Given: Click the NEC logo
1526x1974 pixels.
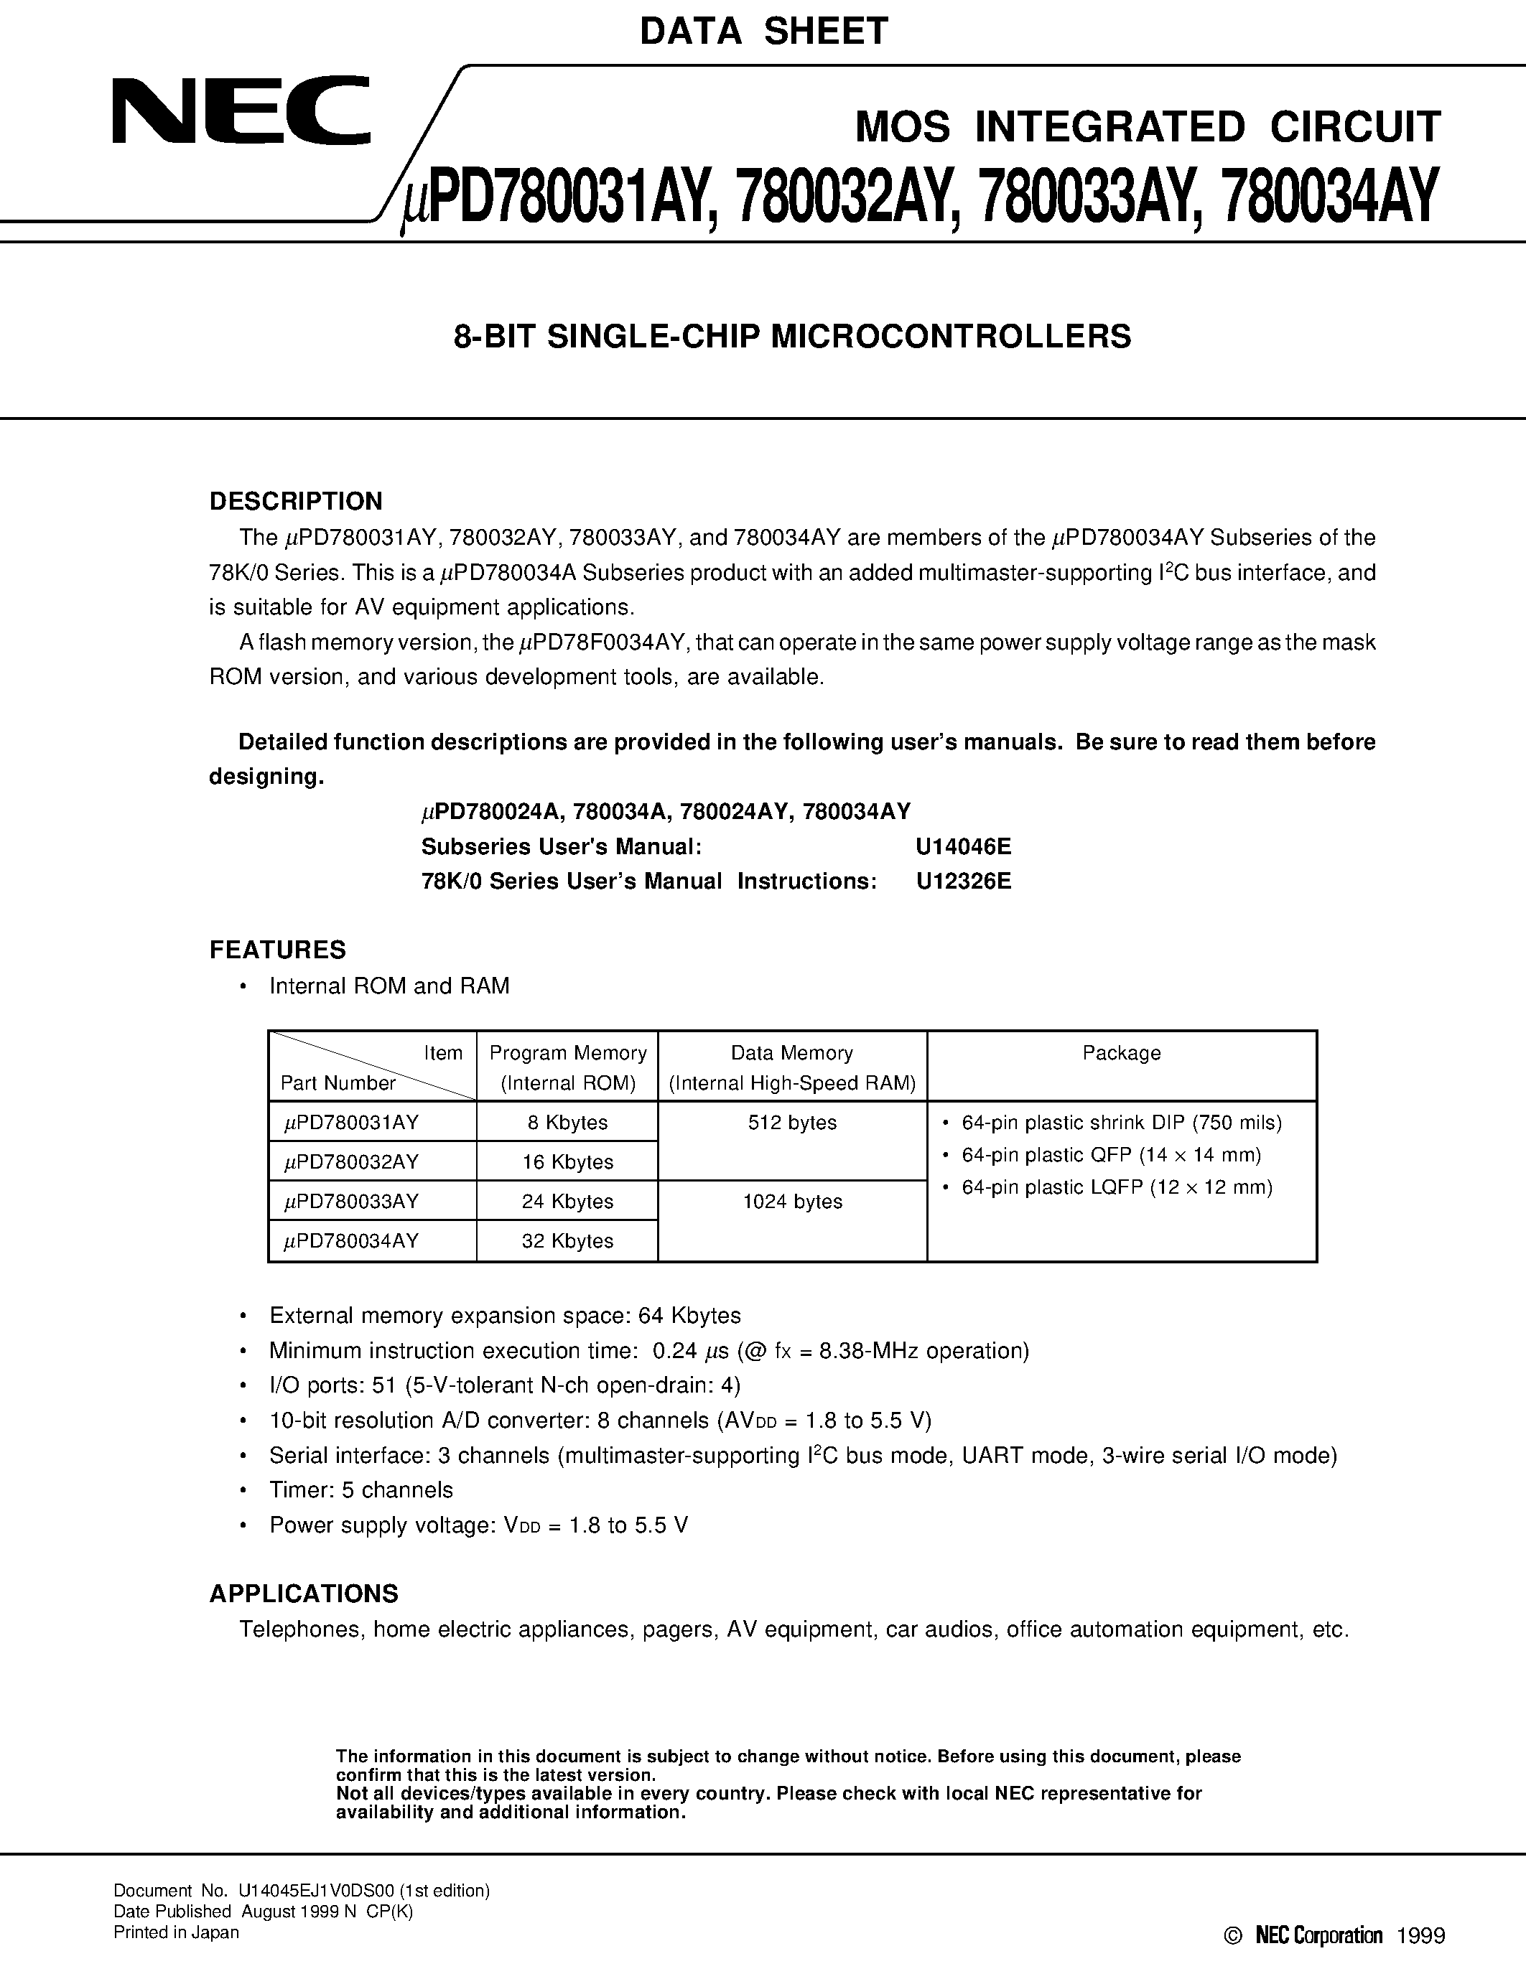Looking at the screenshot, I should [241, 111].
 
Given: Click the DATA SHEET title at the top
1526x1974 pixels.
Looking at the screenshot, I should [764, 32].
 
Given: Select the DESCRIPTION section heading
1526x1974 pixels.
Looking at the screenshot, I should [296, 502].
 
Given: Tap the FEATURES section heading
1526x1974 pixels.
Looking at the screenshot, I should [277, 950].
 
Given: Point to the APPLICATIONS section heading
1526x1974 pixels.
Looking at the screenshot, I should [304, 1593].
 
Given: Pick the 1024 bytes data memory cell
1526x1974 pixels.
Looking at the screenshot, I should [792, 1202].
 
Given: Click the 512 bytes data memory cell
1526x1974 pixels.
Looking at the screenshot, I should [792, 1123].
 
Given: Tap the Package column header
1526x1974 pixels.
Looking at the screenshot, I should [1121, 1053].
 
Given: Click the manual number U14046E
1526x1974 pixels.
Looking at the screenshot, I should [963, 847].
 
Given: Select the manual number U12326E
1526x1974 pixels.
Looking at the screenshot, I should [963, 881].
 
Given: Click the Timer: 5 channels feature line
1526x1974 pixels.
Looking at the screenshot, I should [360, 1489].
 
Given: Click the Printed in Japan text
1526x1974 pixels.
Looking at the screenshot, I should [176, 1932].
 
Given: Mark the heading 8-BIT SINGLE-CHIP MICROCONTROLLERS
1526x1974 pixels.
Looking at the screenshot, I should [792, 336].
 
